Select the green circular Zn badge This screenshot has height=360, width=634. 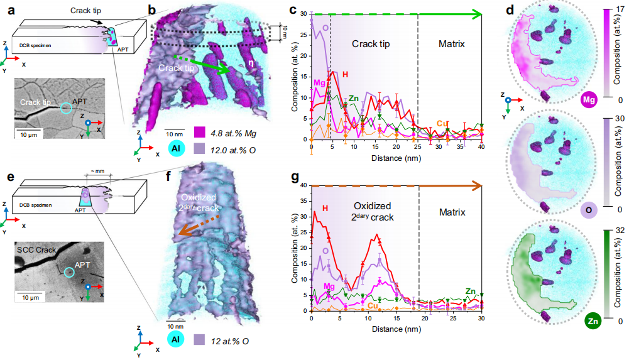pos(591,321)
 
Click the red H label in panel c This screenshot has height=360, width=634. pos(344,74)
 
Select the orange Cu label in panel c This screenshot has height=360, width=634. pos(442,123)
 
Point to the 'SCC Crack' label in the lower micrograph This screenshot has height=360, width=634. pos(36,249)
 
